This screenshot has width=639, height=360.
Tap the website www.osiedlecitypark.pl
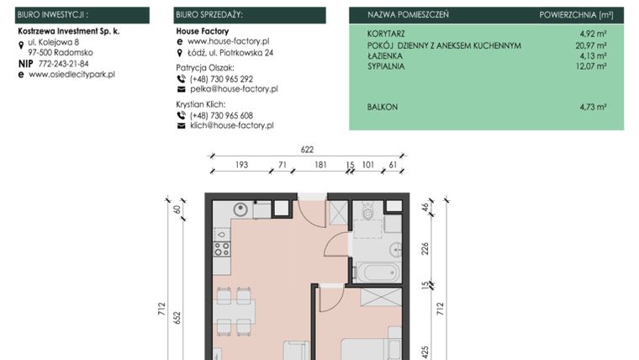(71, 75)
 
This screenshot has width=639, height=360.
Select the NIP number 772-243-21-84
(58, 64)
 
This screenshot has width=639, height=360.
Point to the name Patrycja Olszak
(205, 67)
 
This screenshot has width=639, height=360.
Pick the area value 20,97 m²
(591, 45)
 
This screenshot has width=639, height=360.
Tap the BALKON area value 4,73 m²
(593, 108)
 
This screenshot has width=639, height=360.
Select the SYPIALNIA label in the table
(386, 66)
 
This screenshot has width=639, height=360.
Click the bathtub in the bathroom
(379, 272)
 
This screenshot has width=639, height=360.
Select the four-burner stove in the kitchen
(222, 249)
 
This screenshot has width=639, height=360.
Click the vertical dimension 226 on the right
(425, 248)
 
